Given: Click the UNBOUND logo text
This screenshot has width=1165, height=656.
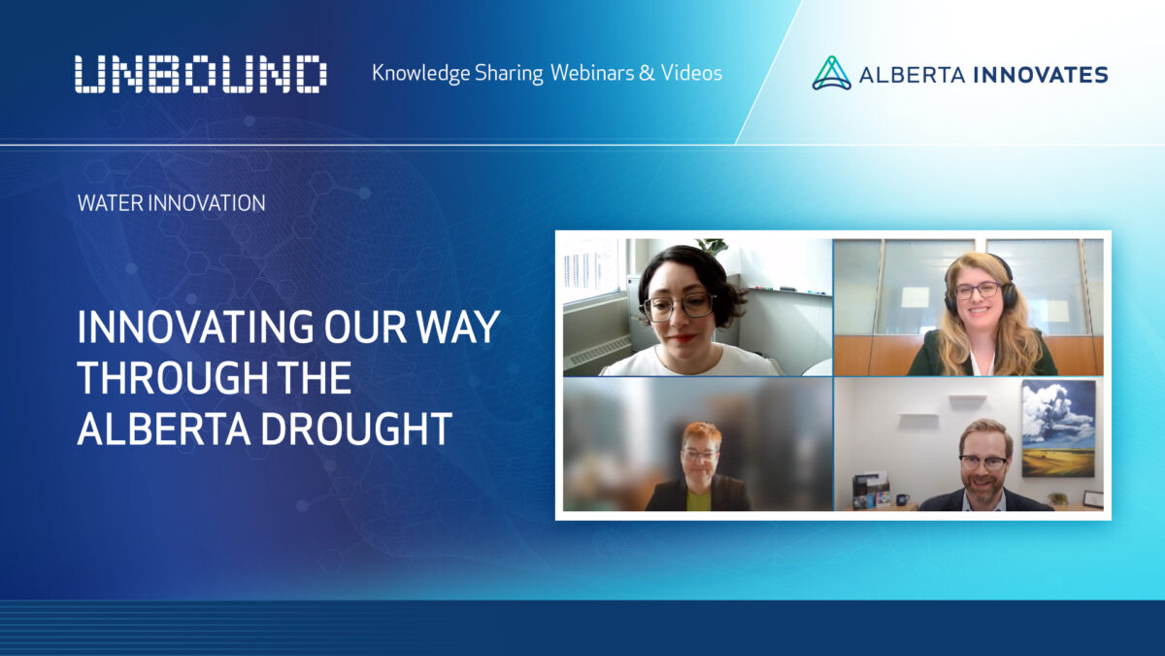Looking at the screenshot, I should [200, 75].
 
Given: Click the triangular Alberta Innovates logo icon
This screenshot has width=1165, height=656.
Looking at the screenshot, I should [831, 74].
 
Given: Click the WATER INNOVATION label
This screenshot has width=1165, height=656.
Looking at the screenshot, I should [171, 203].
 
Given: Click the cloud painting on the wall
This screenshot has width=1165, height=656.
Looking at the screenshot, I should [1057, 428].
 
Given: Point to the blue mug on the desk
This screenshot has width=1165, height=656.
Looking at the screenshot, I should [902, 500].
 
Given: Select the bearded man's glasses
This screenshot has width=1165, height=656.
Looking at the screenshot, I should [982, 462].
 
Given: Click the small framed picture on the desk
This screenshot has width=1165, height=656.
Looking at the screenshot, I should [1093, 499].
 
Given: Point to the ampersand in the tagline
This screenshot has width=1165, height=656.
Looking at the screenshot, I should [647, 73].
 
